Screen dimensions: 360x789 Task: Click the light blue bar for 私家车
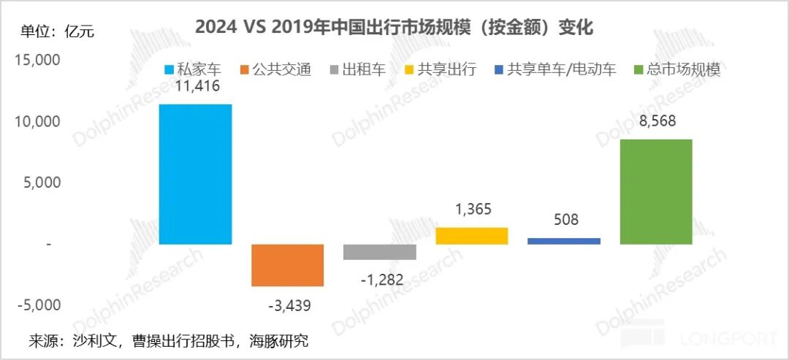pos(195,174)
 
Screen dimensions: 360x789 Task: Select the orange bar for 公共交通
pos(287,265)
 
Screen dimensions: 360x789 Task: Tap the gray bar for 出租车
pos(379,252)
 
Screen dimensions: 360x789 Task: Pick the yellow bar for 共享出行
pos(471,236)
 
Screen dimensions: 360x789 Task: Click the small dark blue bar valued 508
pos(563,241)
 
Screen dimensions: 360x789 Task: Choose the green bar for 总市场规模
pos(655,191)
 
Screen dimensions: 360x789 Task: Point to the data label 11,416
pos(195,87)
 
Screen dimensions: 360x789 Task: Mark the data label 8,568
pos(655,123)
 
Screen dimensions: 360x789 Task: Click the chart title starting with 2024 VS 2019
pos(394,28)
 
